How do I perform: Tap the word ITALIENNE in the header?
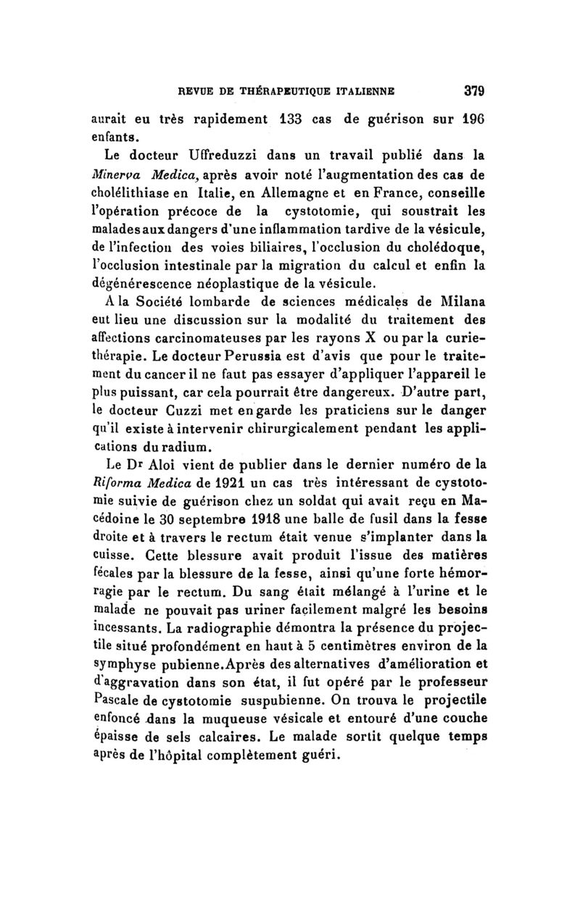coord(369,92)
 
